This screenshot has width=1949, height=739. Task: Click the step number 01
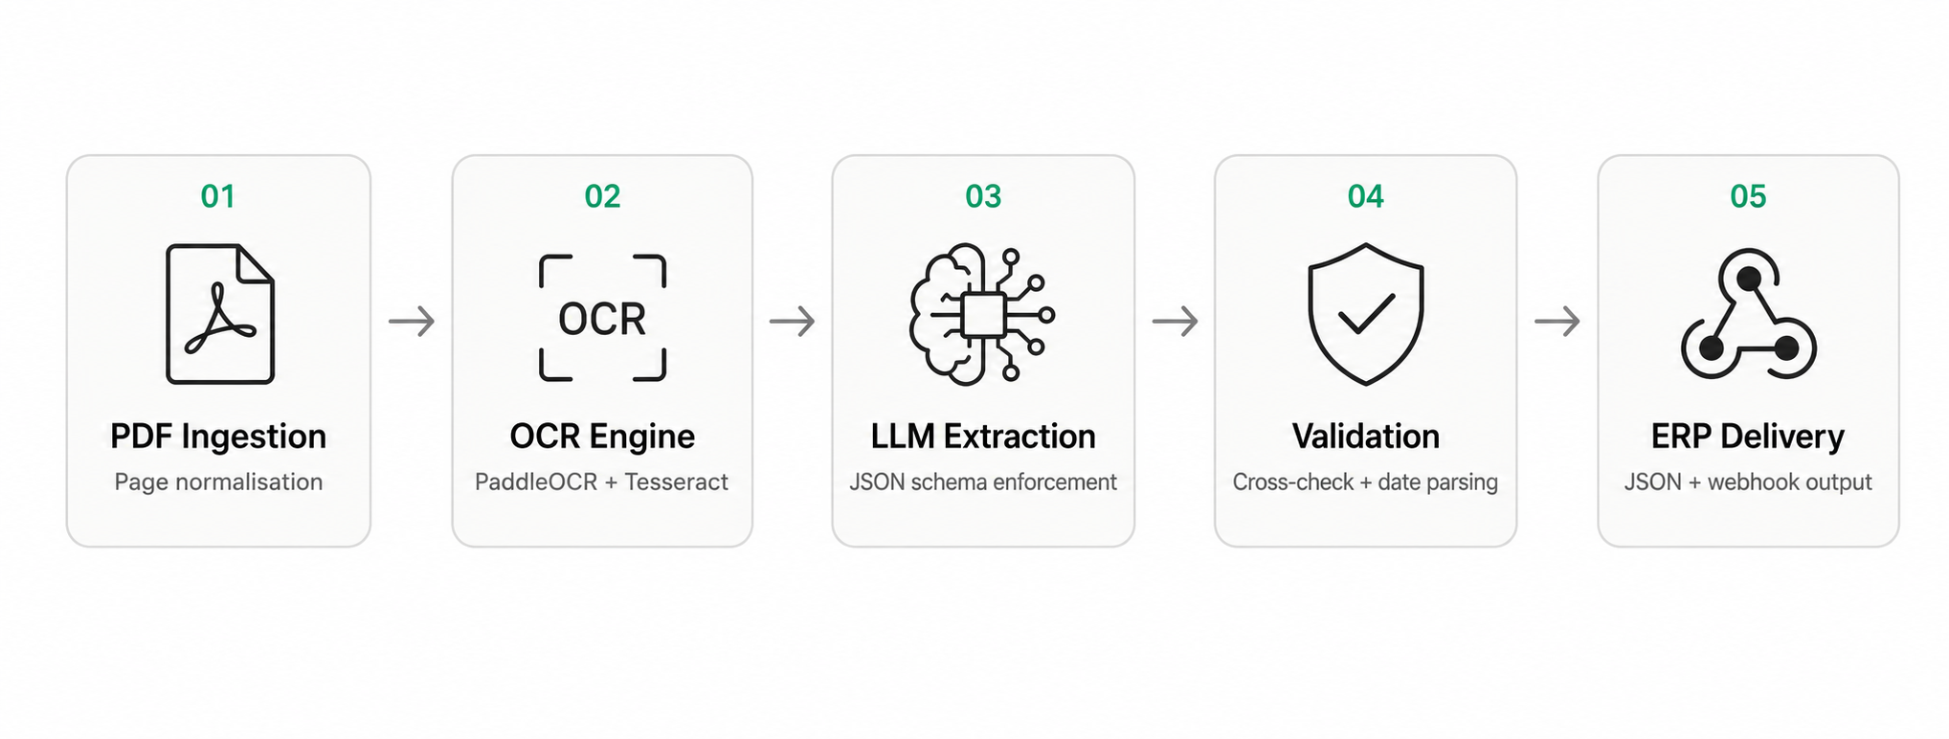(x=218, y=196)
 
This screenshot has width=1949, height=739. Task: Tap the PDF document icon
(x=220, y=314)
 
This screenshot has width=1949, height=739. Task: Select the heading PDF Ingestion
(x=218, y=437)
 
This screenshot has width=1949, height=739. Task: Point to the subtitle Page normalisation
(x=218, y=481)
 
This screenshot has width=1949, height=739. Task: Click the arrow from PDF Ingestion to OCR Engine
(x=412, y=321)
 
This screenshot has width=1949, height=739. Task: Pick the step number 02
(x=602, y=196)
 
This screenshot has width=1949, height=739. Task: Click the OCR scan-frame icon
(x=602, y=318)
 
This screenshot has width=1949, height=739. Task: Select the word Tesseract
(x=677, y=481)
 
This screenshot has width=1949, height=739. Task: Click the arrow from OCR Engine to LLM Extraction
(x=793, y=321)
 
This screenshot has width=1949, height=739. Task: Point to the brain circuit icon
(x=982, y=315)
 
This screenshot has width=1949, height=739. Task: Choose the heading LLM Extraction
(x=983, y=437)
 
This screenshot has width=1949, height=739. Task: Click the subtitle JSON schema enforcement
(x=983, y=481)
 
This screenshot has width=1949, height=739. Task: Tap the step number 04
(x=1366, y=196)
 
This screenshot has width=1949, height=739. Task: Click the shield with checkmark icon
(x=1366, y=314)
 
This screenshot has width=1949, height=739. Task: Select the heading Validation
(x=1366, y=437)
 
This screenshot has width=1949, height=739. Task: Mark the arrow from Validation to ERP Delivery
(x=1557, y=321)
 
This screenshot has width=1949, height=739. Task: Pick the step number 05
(x=1748, y=196)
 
